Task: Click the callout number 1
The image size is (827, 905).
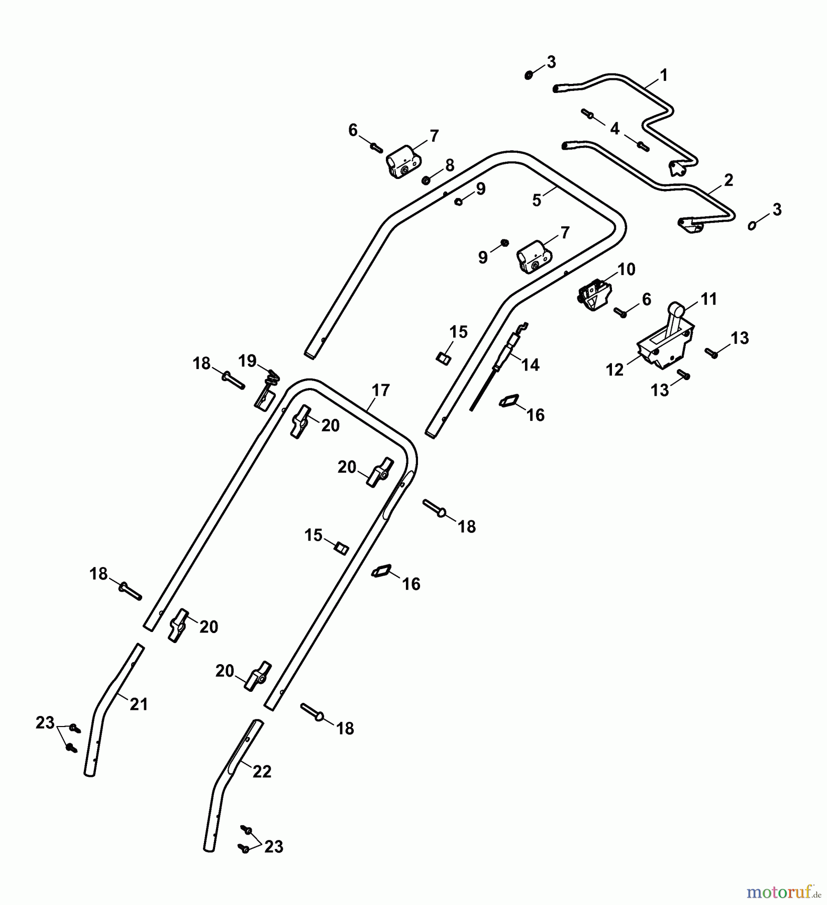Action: pyautogui.click(x=664, y=76)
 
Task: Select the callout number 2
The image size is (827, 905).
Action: pyautogui.click(x=729, y=180)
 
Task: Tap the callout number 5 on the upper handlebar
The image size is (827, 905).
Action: pyautogui.click(x=537, y=200)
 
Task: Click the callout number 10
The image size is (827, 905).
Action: pyautogui.click(x=626, y=269)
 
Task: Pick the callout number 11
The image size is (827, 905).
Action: pyautogui.click(x=708, y=299)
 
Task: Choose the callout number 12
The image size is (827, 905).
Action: pyautogui.click(x=615, y=370)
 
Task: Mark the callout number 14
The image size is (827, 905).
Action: pyautogui.click(x=531, y=365)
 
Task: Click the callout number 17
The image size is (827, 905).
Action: pyautogui.click(x=380, y=390)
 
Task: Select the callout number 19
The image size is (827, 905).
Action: pyautogui.click(x=247, y=361)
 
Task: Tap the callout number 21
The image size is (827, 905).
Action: pyautogui.click(x=139, y=704)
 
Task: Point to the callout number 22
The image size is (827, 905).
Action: pyautogui.click(x=262, y=771)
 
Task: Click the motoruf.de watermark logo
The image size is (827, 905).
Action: pyautogui.click(x=784, y=892)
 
